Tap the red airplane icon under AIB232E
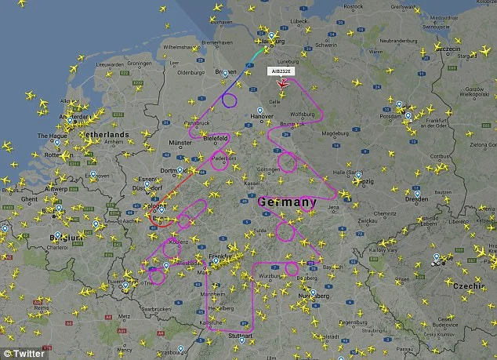[x=283, y=83]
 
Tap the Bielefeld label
[x=216, y=138]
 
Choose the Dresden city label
[x=416, y=198]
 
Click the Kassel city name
[x=252, y=183]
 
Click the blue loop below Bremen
[x=229, y=100]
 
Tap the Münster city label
[x=180, y=143]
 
